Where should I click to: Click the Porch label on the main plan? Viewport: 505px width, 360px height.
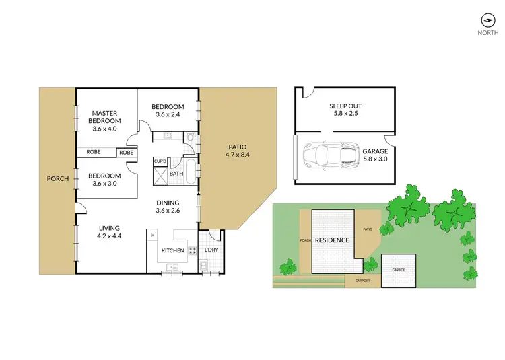(x=57, y=179)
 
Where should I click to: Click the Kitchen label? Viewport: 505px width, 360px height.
(x=172, y=251)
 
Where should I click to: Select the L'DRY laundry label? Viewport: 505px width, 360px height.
(x=210, y=251)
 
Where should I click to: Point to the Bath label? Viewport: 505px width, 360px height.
(x=176, y=174)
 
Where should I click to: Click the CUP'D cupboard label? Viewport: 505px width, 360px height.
(x=160, y=161)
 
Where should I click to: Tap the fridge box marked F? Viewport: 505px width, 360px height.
(x=153, y=236)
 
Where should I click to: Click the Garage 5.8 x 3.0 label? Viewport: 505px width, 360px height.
(x=375, y=155)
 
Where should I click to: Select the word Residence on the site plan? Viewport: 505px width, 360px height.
(x=333, y=240)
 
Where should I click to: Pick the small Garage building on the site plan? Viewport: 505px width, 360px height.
(x=398, y=270)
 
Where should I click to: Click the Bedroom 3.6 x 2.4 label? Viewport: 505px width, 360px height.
(x=168, y=110)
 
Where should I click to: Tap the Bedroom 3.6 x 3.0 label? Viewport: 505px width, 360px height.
(x=104, y=180)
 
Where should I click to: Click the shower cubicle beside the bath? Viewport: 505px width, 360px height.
(x=160, y=175)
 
